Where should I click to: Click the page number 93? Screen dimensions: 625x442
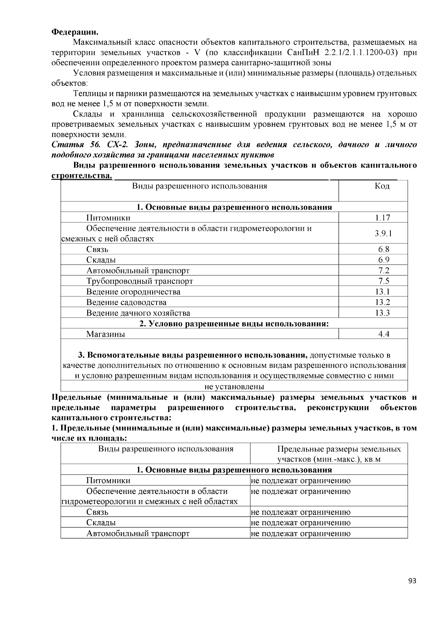point(412,581)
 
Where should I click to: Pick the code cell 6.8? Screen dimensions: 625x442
point(383,250)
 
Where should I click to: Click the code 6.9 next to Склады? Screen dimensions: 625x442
point(383,260)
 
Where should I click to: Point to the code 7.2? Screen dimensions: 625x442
point(383,271)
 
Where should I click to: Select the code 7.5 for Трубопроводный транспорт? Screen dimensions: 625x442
point(383,282)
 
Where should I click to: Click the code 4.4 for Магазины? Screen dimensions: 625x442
point(383,335)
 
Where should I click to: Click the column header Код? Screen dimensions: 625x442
point(382,186)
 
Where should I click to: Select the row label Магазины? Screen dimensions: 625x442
point(106,335)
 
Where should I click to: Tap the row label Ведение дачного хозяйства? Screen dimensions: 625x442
point(138,314)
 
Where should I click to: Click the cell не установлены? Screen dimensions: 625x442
point(234,387)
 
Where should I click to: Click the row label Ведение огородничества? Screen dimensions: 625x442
point(133,292)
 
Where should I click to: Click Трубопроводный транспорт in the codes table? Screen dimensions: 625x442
point(140,282)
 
